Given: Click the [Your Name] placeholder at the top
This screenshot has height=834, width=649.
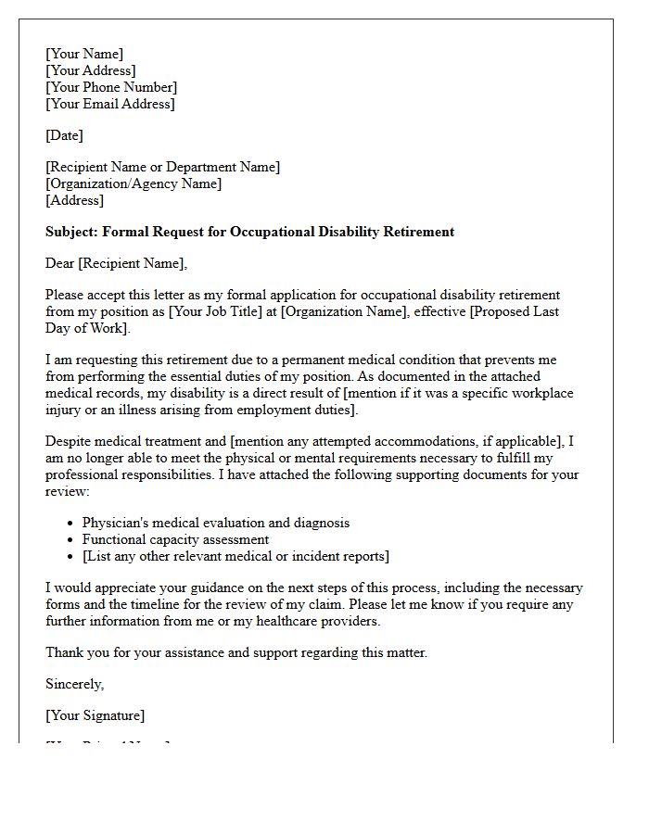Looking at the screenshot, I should pos(84,54).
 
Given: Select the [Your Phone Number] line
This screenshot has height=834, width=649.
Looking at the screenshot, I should pos(111,87).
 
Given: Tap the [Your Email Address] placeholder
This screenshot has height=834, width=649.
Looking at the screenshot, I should pos(110,104).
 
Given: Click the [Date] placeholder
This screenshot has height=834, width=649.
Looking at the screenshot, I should pos(64,135).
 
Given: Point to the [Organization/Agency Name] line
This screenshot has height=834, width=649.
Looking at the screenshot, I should pos(134,183).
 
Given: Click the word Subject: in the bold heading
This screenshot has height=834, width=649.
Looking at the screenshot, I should pos(71,232).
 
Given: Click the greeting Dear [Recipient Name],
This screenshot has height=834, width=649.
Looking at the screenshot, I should pos(116,263).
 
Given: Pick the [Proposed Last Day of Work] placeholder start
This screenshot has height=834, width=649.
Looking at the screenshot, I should pos(515,311).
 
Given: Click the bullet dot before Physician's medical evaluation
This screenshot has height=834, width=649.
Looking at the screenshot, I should pos(70,524).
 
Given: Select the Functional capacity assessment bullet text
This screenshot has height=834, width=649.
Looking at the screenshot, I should pos(175,539).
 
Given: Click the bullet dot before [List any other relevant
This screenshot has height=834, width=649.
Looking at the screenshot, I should pos(70,557).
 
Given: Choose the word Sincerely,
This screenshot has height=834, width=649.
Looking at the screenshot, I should pos(75,684).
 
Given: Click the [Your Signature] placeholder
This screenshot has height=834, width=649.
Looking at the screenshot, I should pos(95,715).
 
